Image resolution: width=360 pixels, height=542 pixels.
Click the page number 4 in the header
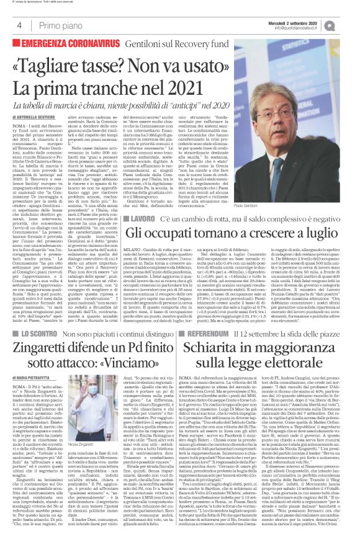click(19, 25)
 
